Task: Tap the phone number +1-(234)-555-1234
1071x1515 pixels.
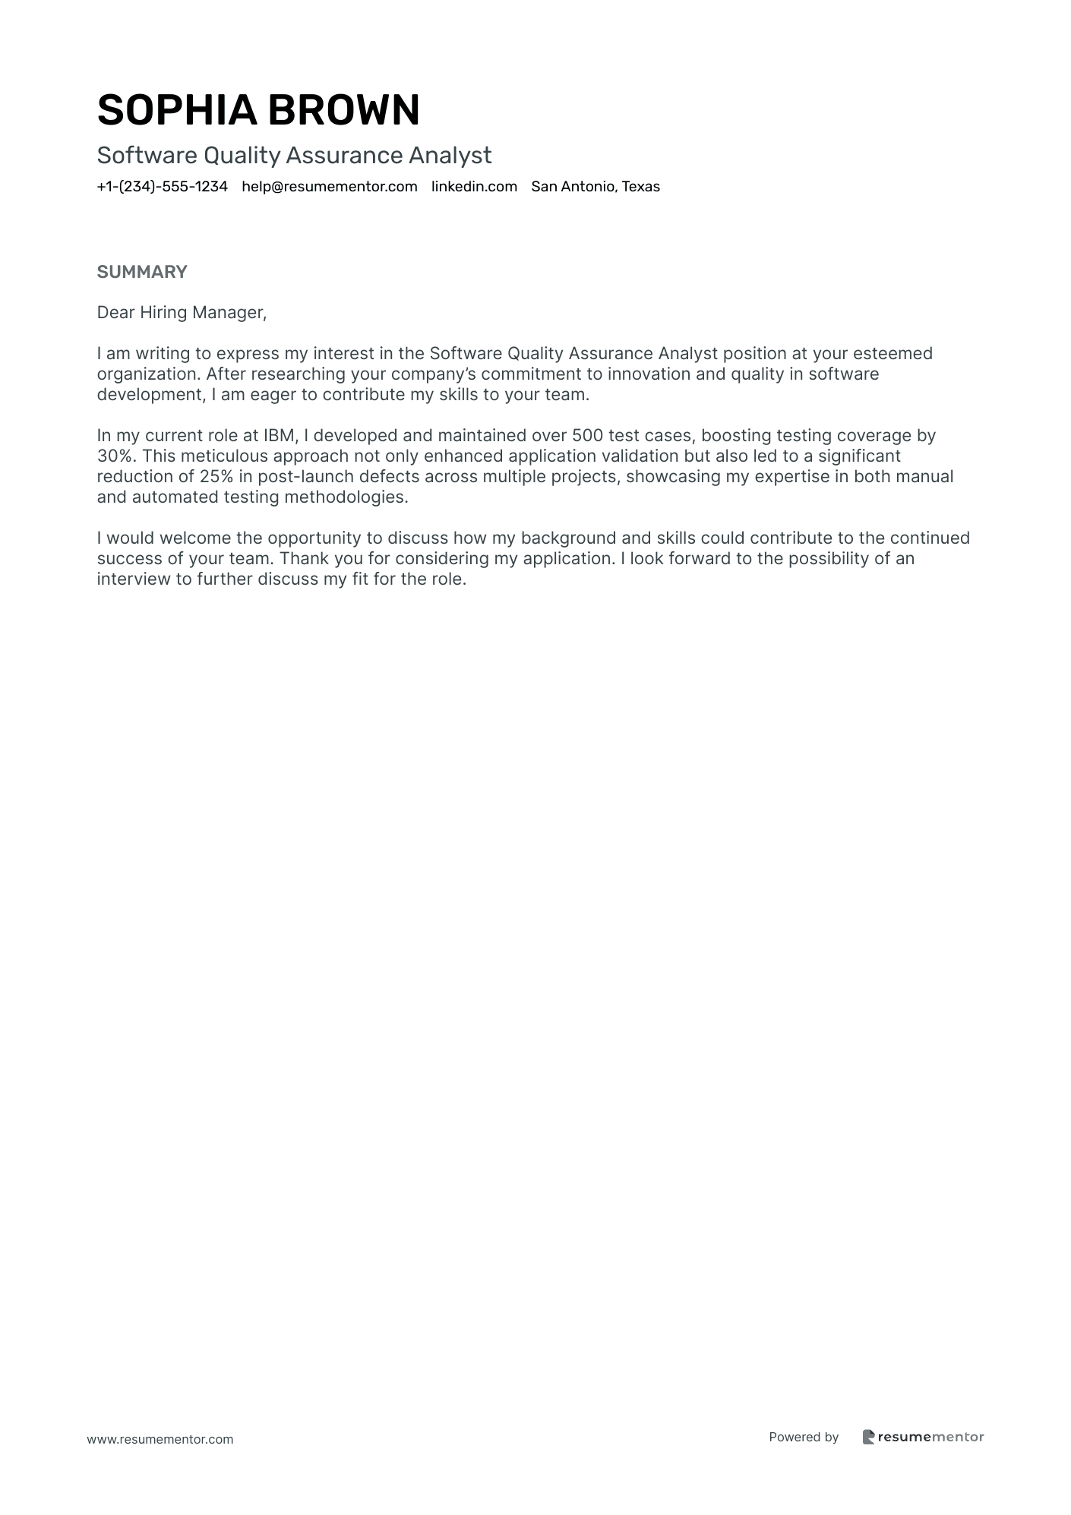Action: click(162, 187)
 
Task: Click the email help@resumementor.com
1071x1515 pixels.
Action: click(330, 187)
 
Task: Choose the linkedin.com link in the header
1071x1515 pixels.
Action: click(474, 187)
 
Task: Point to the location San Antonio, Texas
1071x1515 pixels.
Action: click(596, 187)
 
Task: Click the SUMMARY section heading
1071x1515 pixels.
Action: click(142, 272)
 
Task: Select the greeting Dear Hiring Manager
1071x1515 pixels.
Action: click(182, 312)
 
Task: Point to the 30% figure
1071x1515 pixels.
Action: click(113, 456)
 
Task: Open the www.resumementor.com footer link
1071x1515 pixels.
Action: click(160, 1439)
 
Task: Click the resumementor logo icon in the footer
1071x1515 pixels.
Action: click(869, 1437)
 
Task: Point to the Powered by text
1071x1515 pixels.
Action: click(804, 1437)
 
